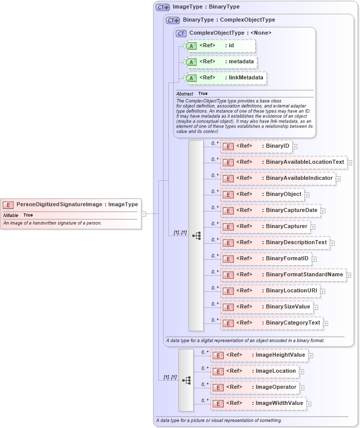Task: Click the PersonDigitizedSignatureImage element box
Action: click(71, 204)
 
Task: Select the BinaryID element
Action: click(256, 146)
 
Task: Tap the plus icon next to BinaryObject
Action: click(307, 194)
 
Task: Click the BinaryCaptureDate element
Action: click(271, 210)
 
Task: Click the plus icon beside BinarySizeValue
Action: click(316, 307)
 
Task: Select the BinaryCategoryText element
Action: click(271, 323)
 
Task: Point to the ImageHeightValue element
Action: click(258, 355)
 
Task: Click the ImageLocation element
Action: click(254, 371)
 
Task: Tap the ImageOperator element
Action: click(254, 387)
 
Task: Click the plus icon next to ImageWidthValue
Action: click(309, 403)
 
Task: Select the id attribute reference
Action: click(220, 46)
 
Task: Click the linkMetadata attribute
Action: click(225, 78)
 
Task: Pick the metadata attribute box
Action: click(222, 62)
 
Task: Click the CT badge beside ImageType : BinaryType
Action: click(162, 7)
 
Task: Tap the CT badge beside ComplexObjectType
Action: click(181, 33)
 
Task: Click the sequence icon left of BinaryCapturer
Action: click(197, 235)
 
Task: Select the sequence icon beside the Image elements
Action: click(187, 380)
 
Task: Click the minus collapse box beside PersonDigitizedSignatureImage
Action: click(144, 213)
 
